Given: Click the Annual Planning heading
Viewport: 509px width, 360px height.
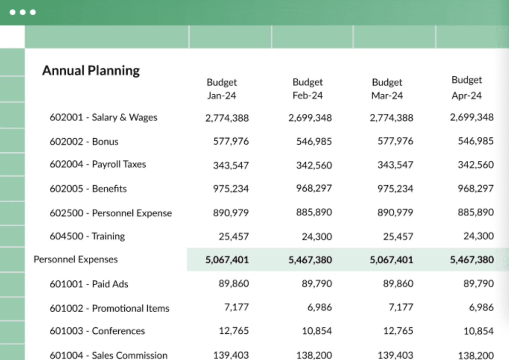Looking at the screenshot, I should tap(91, 71).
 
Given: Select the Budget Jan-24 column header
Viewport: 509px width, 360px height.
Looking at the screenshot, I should tap(221, 89).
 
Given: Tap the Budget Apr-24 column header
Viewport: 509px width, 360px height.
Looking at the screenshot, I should tap(467, 88).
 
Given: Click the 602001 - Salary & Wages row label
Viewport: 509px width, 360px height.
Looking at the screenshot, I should tap(103, 117).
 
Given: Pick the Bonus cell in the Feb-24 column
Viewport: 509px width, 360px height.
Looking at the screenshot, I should tap(314, 142).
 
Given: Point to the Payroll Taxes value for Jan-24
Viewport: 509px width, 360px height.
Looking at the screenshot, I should tap(231, 165).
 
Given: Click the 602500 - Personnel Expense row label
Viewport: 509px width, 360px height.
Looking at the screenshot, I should tap(111, 213).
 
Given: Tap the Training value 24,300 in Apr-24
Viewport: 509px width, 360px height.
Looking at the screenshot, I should tap(478, 236).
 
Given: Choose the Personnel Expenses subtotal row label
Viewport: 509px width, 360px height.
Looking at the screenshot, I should tap(76, 260).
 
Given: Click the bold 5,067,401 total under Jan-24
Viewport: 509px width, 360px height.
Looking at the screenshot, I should tap(227, 260).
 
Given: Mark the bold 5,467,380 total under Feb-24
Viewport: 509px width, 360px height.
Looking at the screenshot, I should tap(310, 260).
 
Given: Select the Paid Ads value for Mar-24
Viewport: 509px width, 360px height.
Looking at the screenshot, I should tap(398, 284).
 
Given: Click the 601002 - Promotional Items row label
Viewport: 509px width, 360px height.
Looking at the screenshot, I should tap(109, 308).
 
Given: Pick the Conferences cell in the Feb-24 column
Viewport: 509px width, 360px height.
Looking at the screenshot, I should tap(317, 331).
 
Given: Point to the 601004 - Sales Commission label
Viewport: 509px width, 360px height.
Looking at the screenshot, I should tap(109, 355).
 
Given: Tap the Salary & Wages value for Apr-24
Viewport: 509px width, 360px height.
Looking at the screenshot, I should tap(472, 117).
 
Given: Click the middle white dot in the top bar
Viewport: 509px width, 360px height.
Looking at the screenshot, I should tap(22, 12).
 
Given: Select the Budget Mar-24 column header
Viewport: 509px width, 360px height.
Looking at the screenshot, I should tap(387, 89).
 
